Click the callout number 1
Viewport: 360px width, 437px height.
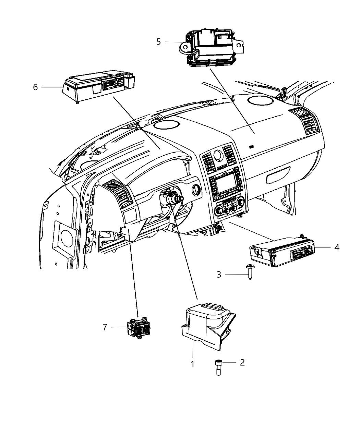tap(193, 364)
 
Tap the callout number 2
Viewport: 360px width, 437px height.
tap(242, 362)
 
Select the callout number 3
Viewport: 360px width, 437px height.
tap(219, 275)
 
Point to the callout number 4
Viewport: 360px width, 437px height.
tap(337, 247)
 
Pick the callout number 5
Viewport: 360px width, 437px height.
tap(158, 42)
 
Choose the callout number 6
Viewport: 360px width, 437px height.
tap(35, 87)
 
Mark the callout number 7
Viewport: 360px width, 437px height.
tap(105, 327)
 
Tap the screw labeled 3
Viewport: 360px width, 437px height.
tap(249, 272)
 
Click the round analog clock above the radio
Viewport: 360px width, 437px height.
tap(217, 156)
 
